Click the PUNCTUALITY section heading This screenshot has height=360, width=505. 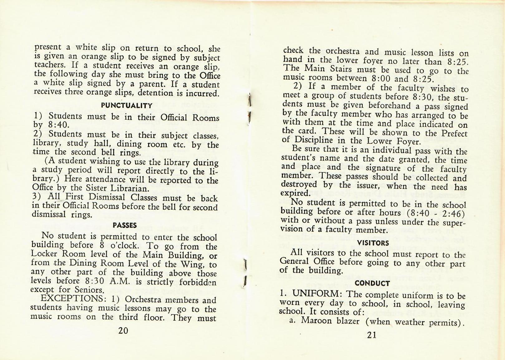[127, 105]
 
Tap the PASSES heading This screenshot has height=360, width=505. [125, 225]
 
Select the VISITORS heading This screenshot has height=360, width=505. [373, 243]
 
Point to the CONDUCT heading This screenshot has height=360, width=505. [372, 283]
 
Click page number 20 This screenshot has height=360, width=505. [124, 331]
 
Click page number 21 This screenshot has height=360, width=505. [371, 335]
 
